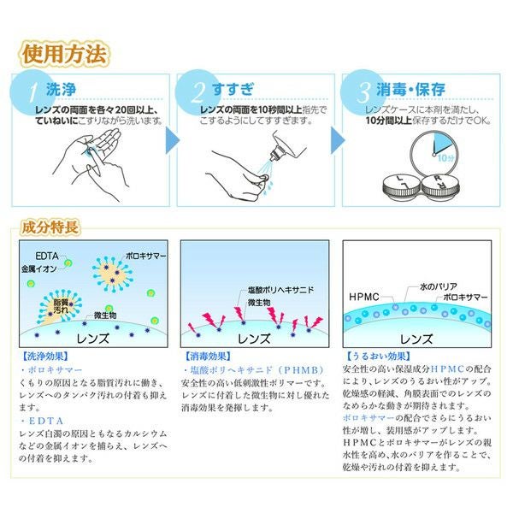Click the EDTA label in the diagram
click(48, 255)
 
